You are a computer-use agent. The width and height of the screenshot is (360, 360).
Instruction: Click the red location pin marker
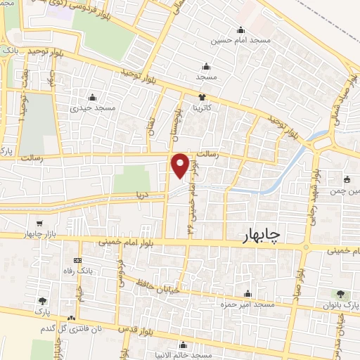(181, 165)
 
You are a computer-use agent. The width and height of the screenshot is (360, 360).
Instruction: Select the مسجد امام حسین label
(243, 41)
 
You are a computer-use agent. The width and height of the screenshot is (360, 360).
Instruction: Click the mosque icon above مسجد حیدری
(96, 97)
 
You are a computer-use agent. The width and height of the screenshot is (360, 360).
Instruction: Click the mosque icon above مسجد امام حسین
(240, 30)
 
